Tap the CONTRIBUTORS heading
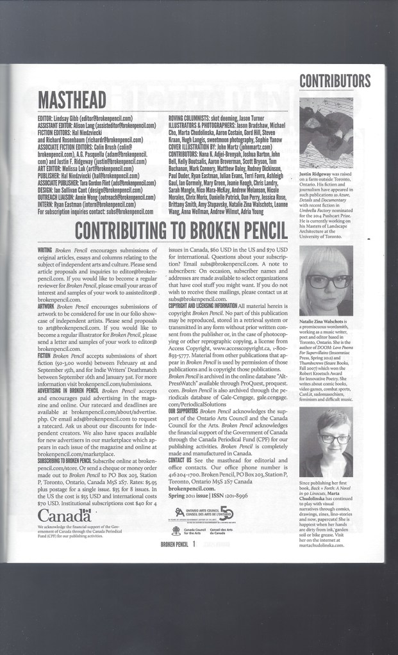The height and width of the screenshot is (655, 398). pyautogui.click(x=335, y=81)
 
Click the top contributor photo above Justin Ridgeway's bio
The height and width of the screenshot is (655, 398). pyautogui.click(x=326, y=133)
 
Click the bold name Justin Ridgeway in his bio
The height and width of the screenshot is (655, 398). pyautogui.click(x=318, y=174)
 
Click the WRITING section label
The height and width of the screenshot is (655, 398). pyautogui.click(x=45, y=248)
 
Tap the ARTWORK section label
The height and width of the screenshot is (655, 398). pyautogui.click(x=46, y=307)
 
